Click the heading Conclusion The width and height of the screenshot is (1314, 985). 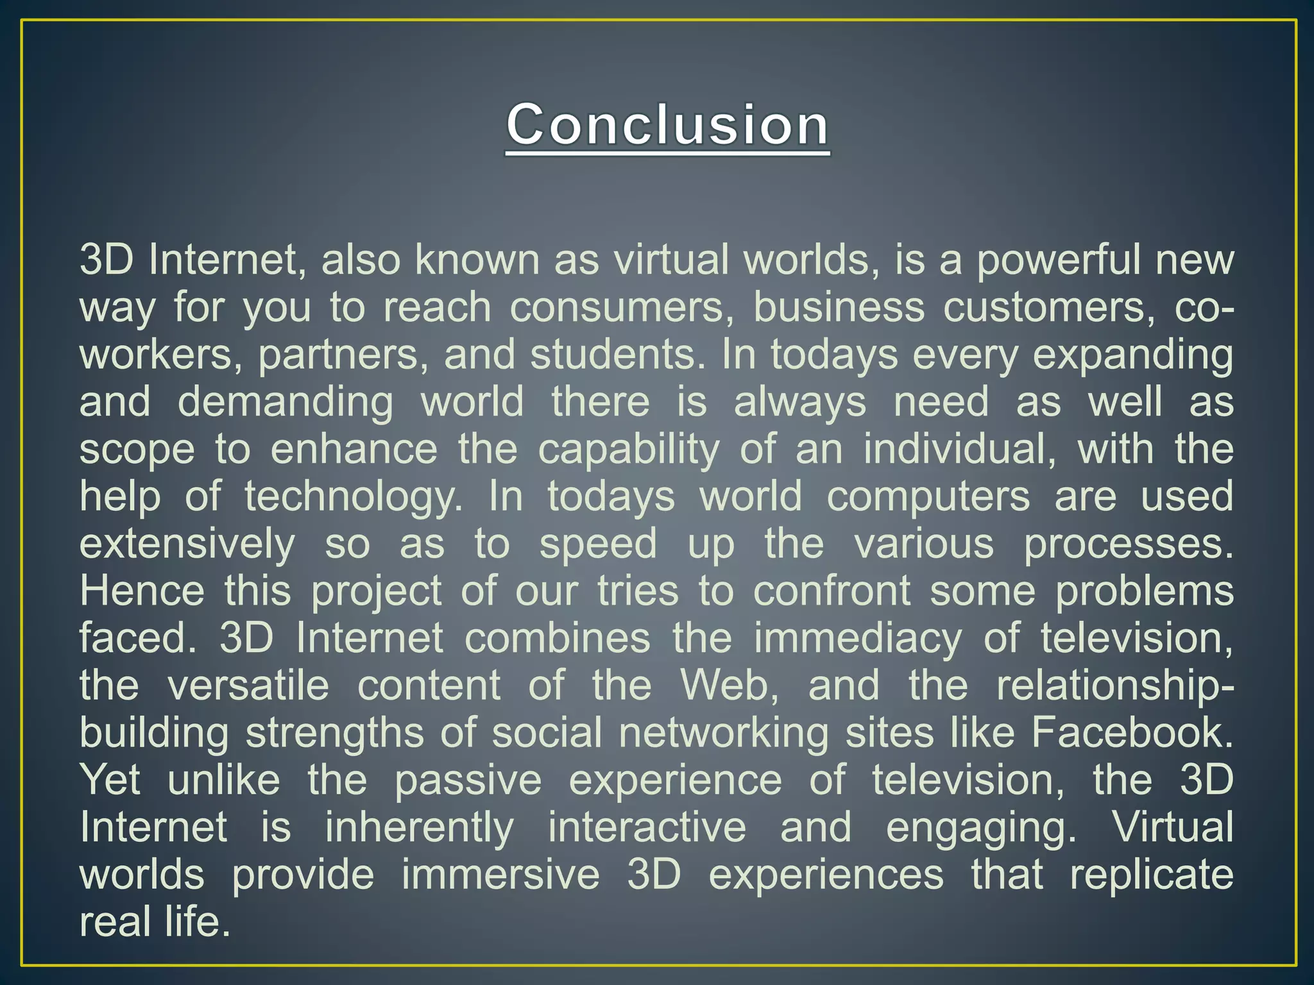[x=667, y=125]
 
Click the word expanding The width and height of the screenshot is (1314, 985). [x=1132, y=355]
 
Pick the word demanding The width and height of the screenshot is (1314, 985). [x=285, y=402]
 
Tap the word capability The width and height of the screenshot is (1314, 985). [x=628, y=450]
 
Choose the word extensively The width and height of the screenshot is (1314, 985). [x=187, y=544]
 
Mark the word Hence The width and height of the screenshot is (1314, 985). [x=142, y=590]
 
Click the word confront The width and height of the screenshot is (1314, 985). [x=832, y=590]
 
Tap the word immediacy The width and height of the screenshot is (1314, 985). [x=858, y=638]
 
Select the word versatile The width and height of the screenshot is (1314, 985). [x=248, y=685]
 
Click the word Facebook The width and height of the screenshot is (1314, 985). [x=1132, y=732]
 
